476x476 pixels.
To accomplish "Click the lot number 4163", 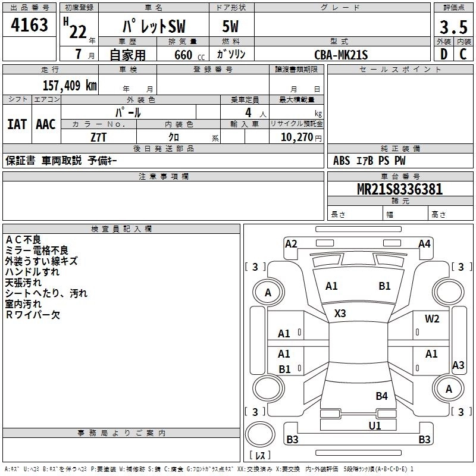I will (x=30, y=26).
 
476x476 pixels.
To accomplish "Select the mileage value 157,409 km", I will (x=69, y=85).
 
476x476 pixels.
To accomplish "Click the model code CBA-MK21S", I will (x=341, y=55).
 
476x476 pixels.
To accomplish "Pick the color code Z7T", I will (x=99, y=137).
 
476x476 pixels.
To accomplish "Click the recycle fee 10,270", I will (x=296, y=137).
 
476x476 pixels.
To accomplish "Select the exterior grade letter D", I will (x=443, y=54).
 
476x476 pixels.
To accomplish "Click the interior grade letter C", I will (x=462, y=54).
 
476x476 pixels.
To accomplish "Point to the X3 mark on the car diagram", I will (x=340, y=314).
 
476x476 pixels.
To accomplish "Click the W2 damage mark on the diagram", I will (x=432, y=319).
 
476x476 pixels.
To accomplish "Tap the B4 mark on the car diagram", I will (x=381, y=396).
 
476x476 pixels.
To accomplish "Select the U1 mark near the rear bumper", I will (x=374, y=425).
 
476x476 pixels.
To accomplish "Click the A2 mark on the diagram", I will (x=291, y=243).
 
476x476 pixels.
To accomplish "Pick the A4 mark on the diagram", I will (x=424, y=243).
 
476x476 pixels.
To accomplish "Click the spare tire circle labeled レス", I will (x=260, y=441).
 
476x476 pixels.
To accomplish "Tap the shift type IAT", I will (x=17, y=124).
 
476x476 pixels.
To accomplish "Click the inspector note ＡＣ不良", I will (x=23, y=239).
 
